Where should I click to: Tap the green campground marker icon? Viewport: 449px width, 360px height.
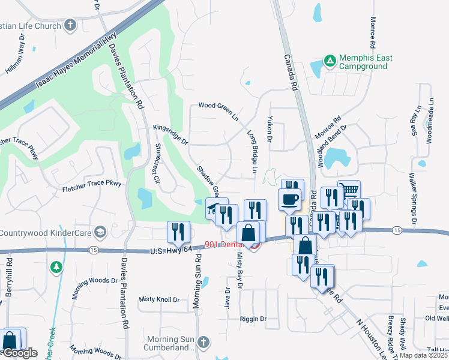329,61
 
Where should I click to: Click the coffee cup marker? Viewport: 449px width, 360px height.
290,199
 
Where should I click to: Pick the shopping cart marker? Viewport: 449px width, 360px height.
349,191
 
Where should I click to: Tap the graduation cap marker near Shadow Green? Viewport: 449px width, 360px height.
214,208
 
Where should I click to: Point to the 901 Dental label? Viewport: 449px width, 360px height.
224,244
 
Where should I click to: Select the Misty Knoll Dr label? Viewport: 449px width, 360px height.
159,299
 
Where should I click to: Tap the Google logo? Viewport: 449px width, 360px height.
19,353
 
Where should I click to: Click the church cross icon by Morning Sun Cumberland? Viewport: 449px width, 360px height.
203,341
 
